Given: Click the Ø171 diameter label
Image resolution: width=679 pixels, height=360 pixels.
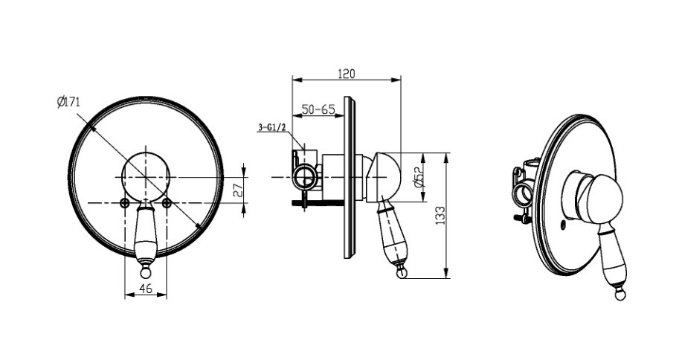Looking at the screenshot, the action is click(68, 102).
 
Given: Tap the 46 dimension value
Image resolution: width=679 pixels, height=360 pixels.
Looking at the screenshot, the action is click(146, 288).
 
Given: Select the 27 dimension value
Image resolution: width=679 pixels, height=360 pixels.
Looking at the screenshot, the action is click(238, 190).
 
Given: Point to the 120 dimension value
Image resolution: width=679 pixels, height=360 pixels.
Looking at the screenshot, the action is click(346, 74).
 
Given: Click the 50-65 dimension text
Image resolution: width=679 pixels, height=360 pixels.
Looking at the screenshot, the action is click(319, 109).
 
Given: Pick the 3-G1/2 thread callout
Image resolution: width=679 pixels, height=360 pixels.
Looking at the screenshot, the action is click(272, 127).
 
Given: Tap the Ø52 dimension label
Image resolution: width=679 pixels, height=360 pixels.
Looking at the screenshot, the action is click(419, 177).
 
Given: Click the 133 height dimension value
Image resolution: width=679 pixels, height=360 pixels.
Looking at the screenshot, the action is click(440, 215).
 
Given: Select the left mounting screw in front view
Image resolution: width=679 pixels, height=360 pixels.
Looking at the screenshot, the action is click(125, 202).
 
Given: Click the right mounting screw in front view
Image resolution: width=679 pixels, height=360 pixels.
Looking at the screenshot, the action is click(167, 202).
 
